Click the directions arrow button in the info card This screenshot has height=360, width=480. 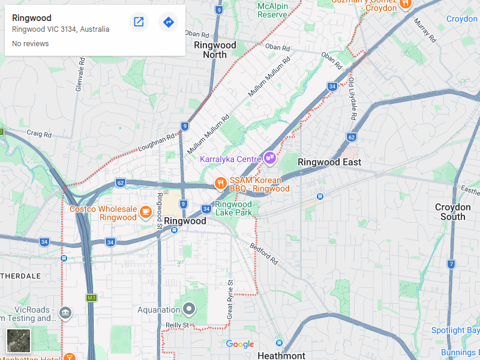click(x=169, y=22)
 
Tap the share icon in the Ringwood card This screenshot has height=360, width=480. click(x=139, y=22)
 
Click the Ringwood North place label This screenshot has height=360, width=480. click(x=215, y=50)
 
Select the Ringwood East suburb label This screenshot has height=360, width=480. click(x=329, y=162)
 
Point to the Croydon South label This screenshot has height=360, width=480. click(x=453, y=212)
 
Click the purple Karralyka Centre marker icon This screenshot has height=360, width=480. click(x=270, y=158)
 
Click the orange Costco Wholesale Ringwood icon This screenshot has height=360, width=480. click(x=145, y=211)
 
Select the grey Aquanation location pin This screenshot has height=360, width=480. click(x=190, y=310)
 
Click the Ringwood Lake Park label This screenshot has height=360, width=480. click(x=233, y=208)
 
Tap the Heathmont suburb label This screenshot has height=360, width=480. click(x=281, y=355)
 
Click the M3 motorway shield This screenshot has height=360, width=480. click(x=91, y=298)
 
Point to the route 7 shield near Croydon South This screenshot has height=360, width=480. click(x=451, y=264)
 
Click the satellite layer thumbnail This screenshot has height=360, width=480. click(x=18, y=341)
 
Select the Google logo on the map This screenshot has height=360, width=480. click(x=240, y=344)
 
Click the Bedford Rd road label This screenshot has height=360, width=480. click(x=265, y=254)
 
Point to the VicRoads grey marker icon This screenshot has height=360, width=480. click(x=65, y=313)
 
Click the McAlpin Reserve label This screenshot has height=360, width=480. click(x=272, y=10)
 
